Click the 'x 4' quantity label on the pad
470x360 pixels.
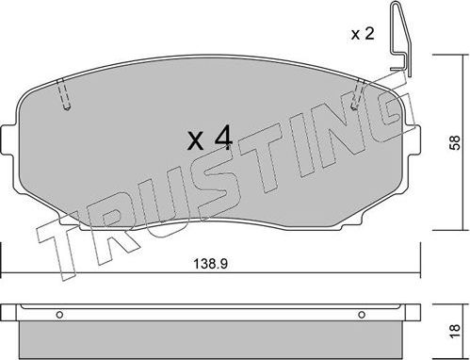(208, 140)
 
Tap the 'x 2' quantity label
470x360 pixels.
(363, 35)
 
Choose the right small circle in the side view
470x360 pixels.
(357, 315)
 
